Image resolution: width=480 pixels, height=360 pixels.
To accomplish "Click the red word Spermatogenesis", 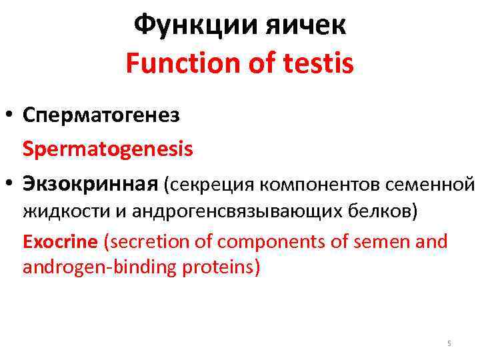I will [x=108, y=148].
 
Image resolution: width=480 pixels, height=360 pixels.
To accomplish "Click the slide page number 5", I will [x=449, y=343].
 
